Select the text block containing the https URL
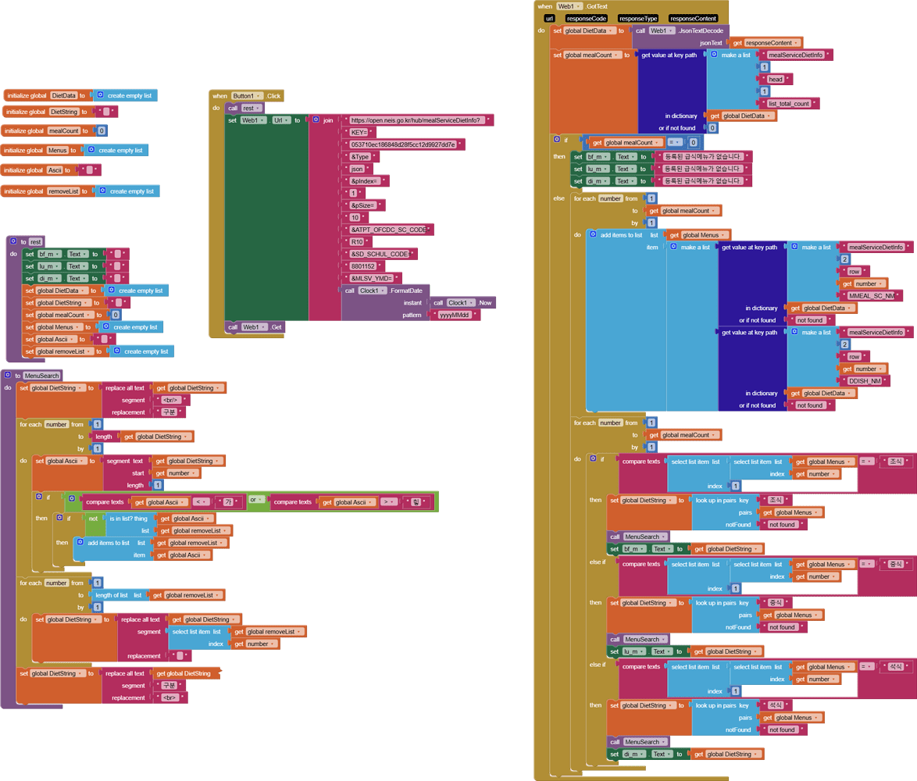coord(419,120)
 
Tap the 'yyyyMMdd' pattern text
coord(454,316)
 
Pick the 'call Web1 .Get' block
coord(255,327)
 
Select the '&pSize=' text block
coord(363,205)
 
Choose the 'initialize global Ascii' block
coord(34,170)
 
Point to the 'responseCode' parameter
coord(587,18)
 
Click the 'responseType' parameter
coord(638,18)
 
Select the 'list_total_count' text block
coord(792,103)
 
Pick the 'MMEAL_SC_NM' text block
coord(874,296)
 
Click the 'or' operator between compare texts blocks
coord(253,500)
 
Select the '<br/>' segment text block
coord(170,400)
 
